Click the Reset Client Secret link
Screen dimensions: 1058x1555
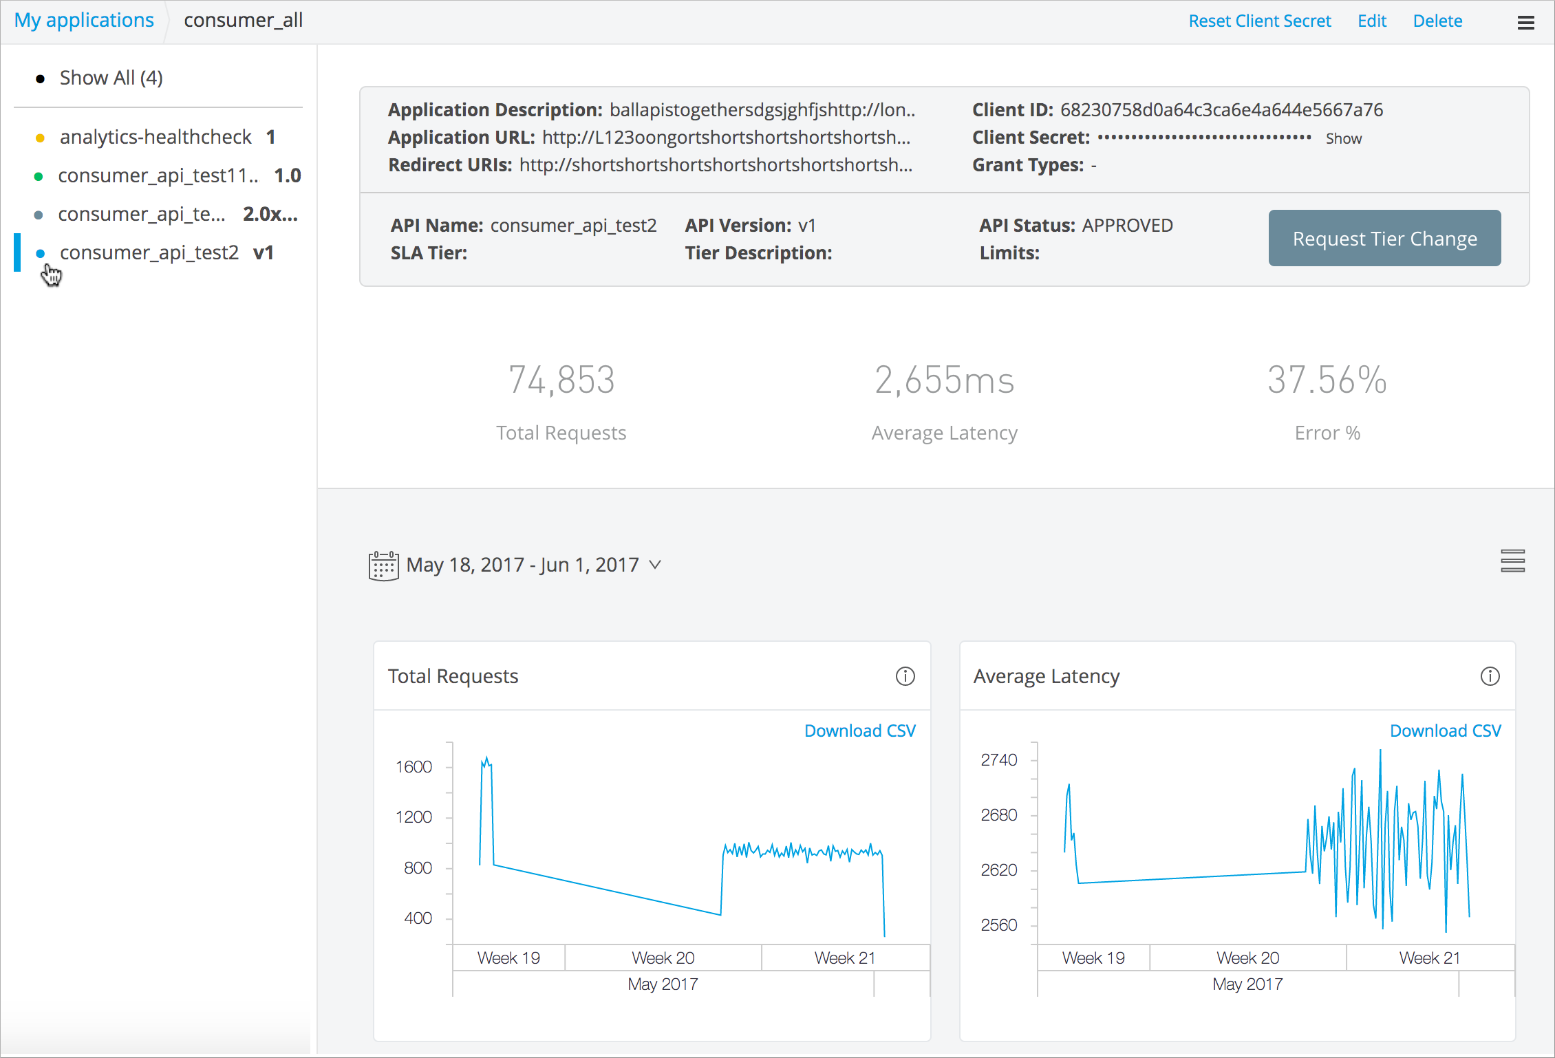click(1259, 21)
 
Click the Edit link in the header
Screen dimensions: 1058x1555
click(1371, 21)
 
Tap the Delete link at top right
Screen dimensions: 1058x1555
click(1437, 21)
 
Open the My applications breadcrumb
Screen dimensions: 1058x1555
click(84, 21)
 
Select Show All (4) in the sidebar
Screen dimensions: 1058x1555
click(111, 78)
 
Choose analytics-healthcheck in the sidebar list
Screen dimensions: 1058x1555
click(155, 137)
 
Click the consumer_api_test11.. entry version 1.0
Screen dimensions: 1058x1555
click(158, 175)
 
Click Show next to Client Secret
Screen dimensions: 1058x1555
click(1343, 138)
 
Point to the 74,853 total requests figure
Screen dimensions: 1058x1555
click(561, 380)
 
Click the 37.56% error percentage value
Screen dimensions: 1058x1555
click(1327, 380)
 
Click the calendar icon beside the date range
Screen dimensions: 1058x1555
click(383, 565)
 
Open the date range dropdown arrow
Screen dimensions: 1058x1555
click(655, 565)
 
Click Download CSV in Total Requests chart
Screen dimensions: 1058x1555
click(859, 731)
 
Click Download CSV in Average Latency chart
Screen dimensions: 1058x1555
click(1445, 731)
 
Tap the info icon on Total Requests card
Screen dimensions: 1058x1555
click(905, 676)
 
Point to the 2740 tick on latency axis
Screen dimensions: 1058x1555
click(998, 760)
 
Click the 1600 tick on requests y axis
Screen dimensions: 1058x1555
click(414, 767)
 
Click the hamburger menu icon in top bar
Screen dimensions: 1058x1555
click(1525, 23)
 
